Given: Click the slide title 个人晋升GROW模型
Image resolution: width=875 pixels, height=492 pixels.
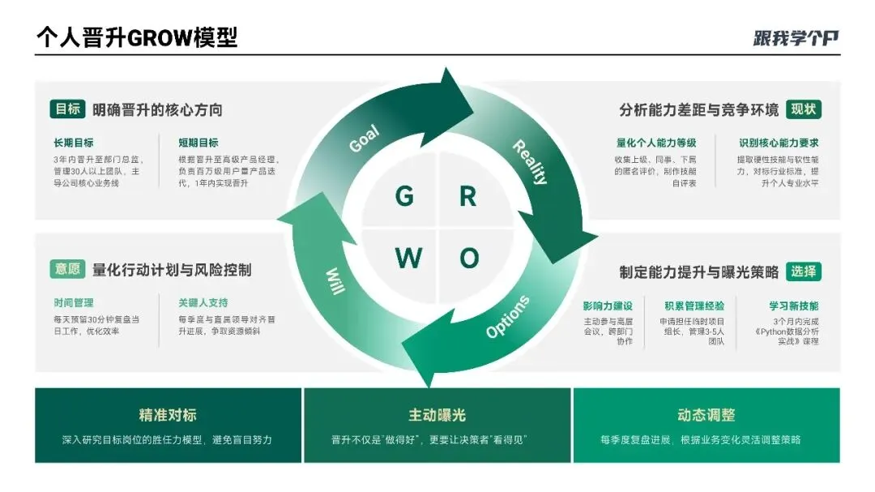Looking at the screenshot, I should click(137, 37).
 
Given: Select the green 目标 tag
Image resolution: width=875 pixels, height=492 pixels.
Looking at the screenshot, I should click(67, 109).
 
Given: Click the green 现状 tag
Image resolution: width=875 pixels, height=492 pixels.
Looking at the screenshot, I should click(804, 109).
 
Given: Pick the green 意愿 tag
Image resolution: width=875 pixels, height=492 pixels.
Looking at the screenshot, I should click(67, 269).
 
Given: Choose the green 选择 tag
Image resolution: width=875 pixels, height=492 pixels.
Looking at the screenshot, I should click(804, 271).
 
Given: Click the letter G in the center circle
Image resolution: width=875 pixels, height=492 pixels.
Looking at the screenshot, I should click(404, 196).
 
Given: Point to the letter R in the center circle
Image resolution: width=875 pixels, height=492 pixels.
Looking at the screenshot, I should click(467, 196).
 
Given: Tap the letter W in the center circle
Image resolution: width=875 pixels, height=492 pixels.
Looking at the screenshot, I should click(408, 258).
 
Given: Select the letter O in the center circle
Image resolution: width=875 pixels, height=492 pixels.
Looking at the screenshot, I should click(469, 258).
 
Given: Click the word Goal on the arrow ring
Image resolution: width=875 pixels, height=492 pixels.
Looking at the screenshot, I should click(365, 139).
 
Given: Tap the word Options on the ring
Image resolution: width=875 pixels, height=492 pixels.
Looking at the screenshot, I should click(508, 317).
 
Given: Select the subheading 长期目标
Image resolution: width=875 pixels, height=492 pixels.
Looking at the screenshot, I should click(74, 143).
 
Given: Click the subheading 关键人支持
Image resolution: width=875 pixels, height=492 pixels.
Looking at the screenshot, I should click(203, 302).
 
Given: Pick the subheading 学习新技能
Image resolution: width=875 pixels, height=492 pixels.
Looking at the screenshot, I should click(793, 306).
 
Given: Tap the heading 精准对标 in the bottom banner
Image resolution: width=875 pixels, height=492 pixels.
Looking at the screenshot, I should click(168, 415).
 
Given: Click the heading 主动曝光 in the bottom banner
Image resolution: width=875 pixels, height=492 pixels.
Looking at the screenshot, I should click(437, 415).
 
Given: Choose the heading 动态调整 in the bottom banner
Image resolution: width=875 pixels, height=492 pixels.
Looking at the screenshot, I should click(706, 415).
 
